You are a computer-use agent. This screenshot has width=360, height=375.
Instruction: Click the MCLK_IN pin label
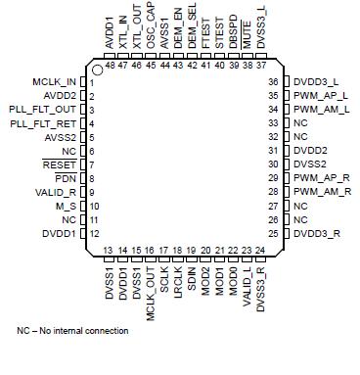click(56, 82)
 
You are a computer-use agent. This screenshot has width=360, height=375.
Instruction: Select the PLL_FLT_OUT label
click(46, 110)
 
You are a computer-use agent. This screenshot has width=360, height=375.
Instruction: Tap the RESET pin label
click(64, 165)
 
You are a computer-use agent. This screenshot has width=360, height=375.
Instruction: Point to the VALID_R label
click(60, 193)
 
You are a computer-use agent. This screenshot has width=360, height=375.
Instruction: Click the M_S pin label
click(68, 207)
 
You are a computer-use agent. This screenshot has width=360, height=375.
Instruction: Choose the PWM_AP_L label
click(319, 96)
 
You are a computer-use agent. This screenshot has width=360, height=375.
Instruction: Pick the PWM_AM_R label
click(319, 193)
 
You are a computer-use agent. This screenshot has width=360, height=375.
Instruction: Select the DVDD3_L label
click(314, 82)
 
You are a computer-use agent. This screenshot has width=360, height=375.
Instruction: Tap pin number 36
click(275, 82)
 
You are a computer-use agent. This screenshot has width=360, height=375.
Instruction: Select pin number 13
click(110, 252)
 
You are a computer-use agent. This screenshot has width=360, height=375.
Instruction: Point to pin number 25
click(275, 234)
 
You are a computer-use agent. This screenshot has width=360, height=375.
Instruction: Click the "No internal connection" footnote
click(72, 331)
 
